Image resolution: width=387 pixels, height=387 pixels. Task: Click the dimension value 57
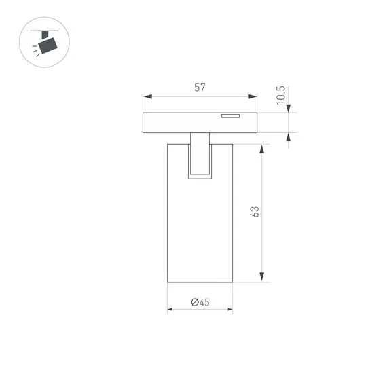[200, 88]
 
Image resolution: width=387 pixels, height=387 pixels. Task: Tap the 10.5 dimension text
[281, 95]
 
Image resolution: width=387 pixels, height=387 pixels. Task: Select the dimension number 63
[255, 212]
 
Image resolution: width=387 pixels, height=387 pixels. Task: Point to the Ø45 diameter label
[200, 302]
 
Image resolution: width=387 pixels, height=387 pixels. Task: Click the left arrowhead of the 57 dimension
[147, 96]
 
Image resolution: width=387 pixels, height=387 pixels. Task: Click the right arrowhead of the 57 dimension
[253, 96]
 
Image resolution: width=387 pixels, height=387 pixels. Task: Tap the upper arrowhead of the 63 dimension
[262, 149]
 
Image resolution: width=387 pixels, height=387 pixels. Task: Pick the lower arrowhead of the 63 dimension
[262, 277]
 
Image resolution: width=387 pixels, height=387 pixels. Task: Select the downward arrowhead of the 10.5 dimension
[289, 109]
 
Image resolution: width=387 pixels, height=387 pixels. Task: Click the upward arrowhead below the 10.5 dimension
[289, 137]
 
